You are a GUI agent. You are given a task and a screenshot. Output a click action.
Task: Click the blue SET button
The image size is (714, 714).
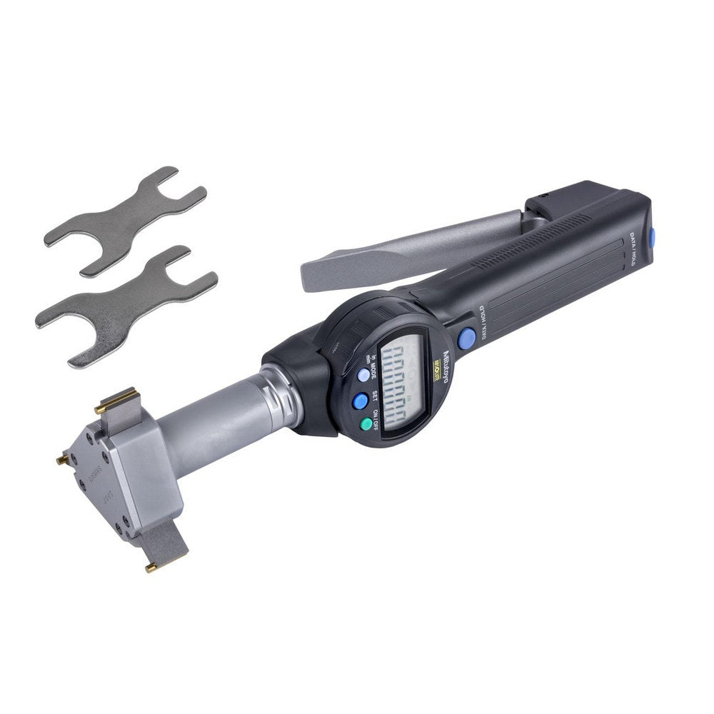(x=360, y=401)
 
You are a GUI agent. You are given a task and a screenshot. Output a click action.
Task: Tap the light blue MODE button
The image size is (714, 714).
(x=363, y=374)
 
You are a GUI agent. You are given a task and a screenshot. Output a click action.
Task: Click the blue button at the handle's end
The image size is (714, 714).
(x=651, y=237)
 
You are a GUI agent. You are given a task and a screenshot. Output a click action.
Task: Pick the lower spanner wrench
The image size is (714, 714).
(x=126, y=303)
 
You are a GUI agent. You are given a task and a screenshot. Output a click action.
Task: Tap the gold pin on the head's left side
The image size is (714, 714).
(x=63, y=460)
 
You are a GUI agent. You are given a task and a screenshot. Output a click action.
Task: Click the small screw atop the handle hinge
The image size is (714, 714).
(x=543, y=193)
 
